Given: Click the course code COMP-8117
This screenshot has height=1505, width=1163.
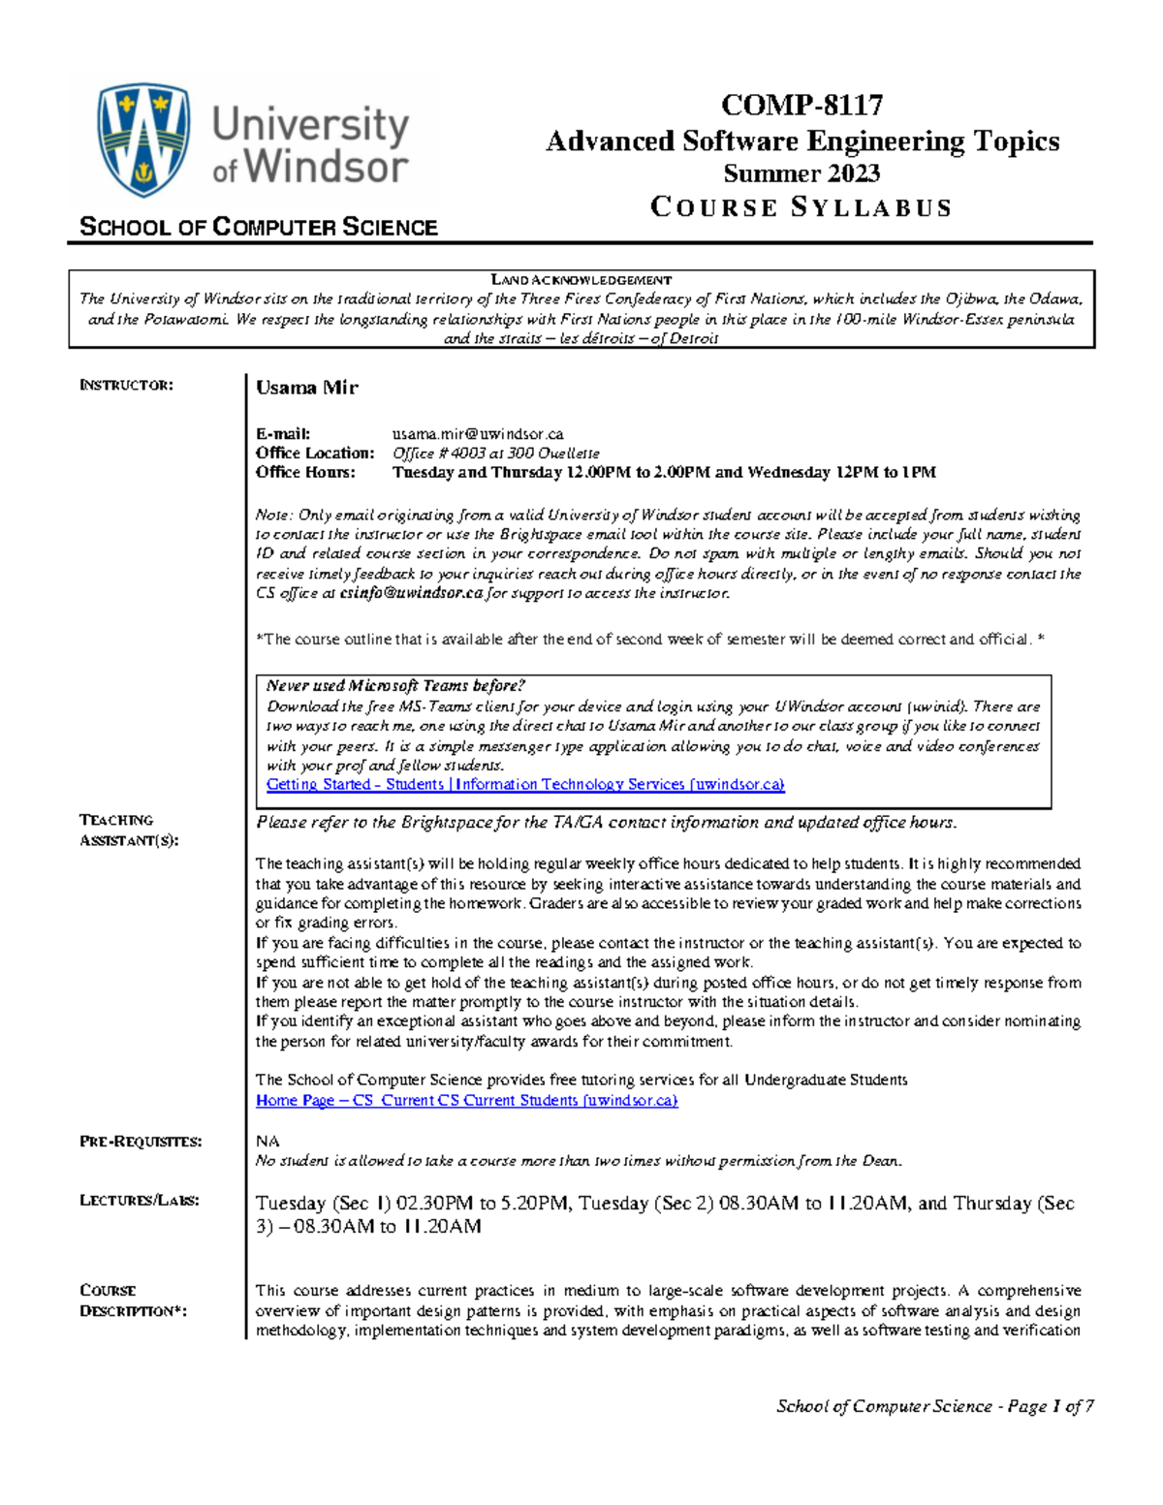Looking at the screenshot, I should (x=802, y=105).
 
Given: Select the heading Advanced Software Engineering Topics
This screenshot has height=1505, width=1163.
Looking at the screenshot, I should (x=802, y=141).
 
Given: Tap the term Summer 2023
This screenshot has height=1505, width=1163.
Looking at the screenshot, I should (x=802, y=173).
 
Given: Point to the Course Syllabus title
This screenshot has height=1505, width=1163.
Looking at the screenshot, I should (x=802, y=207).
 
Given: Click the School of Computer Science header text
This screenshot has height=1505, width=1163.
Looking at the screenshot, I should (x=258, y=228).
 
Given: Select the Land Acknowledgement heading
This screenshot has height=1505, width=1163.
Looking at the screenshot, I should (x=581, y=280).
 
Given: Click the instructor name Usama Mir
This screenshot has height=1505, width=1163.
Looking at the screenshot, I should (x=306, y=388).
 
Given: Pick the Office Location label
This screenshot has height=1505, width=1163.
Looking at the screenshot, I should (x=314, y=454).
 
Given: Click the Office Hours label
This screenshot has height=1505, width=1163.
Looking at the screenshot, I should (x=305, y=473).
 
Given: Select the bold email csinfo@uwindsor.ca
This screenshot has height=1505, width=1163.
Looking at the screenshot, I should (x=411, y=593).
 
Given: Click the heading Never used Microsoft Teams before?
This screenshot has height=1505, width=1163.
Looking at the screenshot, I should (x=395, y=686).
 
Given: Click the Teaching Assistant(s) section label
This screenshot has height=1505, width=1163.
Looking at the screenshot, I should (x=128, y=831).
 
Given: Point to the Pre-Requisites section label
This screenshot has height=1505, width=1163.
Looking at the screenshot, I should (x=141, y=1142).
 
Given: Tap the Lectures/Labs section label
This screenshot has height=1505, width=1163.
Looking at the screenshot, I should (x=139, y=1201).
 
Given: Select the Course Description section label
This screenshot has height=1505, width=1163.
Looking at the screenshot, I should (x=132, y=1301).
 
